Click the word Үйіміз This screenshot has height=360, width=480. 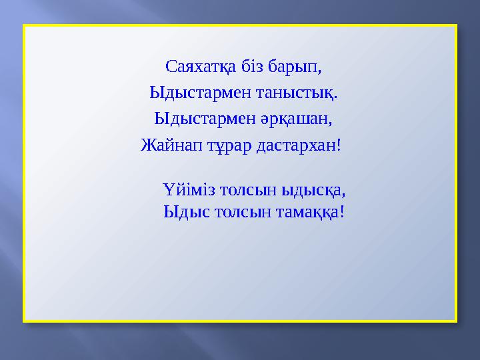coord(183,190)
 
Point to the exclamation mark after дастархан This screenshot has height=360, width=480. coord(339,145)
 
